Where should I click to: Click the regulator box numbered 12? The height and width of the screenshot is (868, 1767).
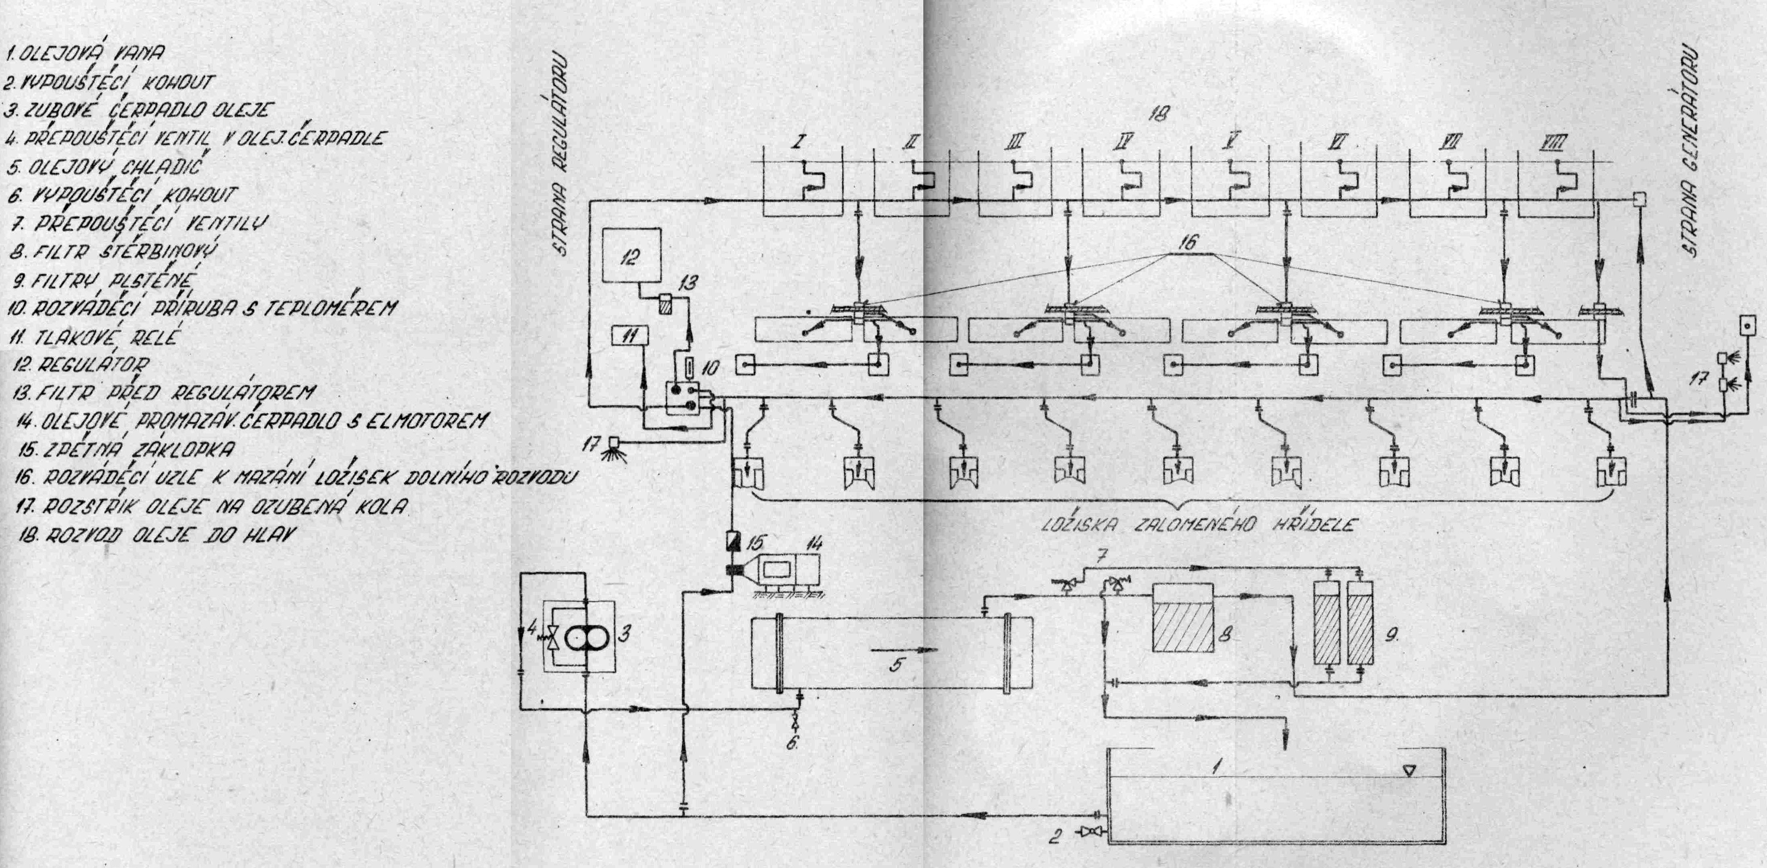click(x=631, y=255)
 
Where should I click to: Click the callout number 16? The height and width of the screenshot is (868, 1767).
click(x=1187, y=242)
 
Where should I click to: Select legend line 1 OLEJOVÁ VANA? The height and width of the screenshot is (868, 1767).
click(x=85, y=51)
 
